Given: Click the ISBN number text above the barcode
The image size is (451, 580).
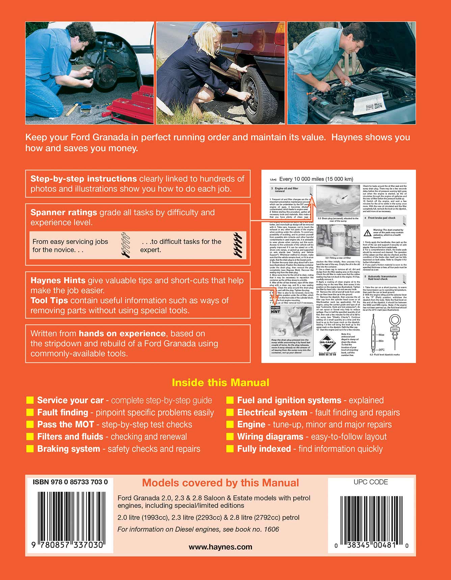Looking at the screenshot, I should click(70, 482).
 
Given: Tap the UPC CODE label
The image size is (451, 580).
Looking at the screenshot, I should click(371, 482).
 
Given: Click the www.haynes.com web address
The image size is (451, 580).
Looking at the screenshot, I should click(220, 547).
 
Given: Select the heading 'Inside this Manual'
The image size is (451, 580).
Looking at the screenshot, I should click(220, 382).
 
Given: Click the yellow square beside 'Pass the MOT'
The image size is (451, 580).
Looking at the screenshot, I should click(30, 425).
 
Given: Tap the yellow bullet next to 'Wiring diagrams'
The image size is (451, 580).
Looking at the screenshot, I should click(230, 437).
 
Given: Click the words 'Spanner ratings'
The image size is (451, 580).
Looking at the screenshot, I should click(63, 212).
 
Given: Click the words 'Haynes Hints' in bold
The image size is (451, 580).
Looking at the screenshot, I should click(58, 280).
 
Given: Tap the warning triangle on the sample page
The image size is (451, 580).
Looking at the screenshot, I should click(367, 233).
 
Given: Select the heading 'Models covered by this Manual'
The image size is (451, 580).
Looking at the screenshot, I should click(220, 483).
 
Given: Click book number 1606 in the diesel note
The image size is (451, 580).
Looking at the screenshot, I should click(272, 529).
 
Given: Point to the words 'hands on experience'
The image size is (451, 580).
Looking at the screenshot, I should click(122, 333).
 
